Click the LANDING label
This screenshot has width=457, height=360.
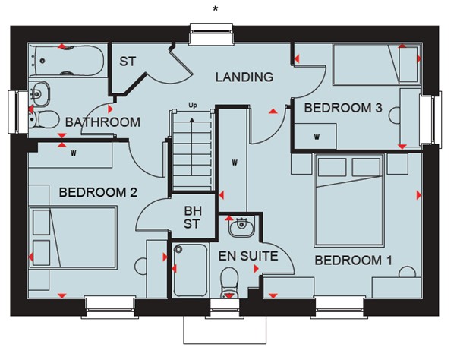click(244, 77)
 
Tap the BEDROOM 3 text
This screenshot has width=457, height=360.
click(343, 108)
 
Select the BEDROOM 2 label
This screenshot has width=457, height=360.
click(98, 192)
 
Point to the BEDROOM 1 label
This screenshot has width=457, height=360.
click(353, 261)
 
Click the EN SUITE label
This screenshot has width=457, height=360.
click(248, 256)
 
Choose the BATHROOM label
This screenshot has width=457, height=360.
click(102, 122)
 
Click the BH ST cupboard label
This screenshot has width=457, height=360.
click(192, 217)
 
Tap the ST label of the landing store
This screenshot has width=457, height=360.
click(128, 62)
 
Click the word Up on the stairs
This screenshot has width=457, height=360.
click(193, 106)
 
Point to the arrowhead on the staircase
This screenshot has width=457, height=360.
click(192, 119)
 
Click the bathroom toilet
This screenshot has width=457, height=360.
click(44, 119)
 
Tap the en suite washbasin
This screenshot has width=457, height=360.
click(241, 226)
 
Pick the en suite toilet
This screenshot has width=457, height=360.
click(229, 283)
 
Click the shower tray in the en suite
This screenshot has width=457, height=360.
click(191, 270)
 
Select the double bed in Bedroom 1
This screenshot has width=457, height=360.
click(349, 201)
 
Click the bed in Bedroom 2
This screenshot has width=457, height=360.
click(73, 237)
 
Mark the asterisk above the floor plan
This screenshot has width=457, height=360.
click(215, 9)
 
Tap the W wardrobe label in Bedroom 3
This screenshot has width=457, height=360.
click(317, 137)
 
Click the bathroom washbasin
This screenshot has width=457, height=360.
click(39, 94)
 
